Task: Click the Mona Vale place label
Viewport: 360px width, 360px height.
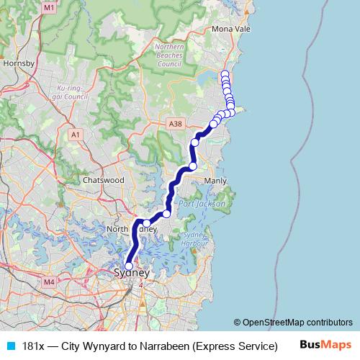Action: click(x=230, y=30)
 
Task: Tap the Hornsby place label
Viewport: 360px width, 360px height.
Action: click(x=19, y=63)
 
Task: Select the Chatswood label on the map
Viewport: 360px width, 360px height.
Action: click(x=104, y=179)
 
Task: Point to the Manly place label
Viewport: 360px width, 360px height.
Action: click(x=215, y=181)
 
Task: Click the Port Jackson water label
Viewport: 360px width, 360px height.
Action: click(x=202, y=204)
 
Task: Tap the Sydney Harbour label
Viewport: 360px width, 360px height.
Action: click(x=194, y=240)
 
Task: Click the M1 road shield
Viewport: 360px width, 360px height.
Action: click(x=49, y=7)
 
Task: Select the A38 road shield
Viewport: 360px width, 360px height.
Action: click(x=174, y=124)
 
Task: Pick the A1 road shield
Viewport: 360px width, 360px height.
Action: click(x=76, y=135)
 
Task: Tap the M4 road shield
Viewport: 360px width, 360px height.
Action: click(x=49, y=282)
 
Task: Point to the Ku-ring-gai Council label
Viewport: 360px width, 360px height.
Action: click(x=71, y=92)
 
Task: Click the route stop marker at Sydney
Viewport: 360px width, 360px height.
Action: click(x=129, y=266)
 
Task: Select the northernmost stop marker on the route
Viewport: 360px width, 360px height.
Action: click(x=225, y=73)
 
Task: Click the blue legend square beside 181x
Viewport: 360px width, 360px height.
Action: click(x=9, y=346)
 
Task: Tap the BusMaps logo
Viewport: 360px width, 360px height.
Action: click(x=325, y=345)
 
